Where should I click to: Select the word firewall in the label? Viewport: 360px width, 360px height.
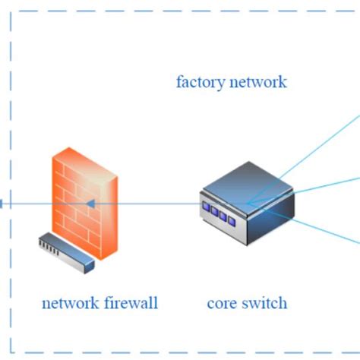pyautogui.click(x=130, y=304)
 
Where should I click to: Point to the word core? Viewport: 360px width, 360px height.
pyautogui.click(x=223, y=304)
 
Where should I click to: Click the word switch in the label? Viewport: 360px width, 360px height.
pyautogui.click(x=264, y=304)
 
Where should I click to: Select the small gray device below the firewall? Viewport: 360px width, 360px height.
pyautogui.click(x=67, y=251)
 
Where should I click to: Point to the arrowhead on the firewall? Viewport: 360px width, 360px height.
pyautogui.click(x=90, y=204)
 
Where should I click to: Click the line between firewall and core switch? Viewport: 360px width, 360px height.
pyautogui.click(x=159, y=204)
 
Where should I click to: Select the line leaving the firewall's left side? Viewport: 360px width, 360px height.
pyautogui.click(x=27, y=204)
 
